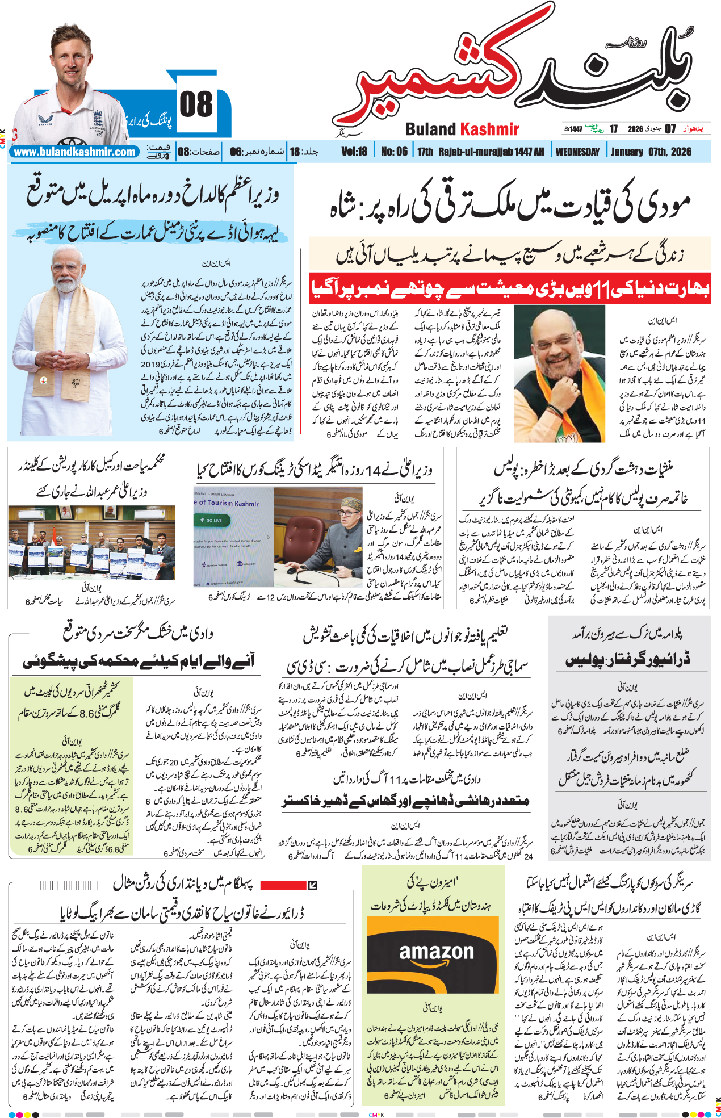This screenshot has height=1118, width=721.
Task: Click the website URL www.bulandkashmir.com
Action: click(74, 152)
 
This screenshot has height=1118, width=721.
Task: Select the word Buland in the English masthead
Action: click(431, 129)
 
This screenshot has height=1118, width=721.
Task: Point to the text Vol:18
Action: click(354, 152)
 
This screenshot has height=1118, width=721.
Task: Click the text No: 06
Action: click(394, 152)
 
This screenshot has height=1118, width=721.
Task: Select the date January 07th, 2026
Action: click(651, 152)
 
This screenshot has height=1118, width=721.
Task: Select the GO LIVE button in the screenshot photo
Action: click(211, 520)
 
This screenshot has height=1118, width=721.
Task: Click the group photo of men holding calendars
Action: click(91, 542)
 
